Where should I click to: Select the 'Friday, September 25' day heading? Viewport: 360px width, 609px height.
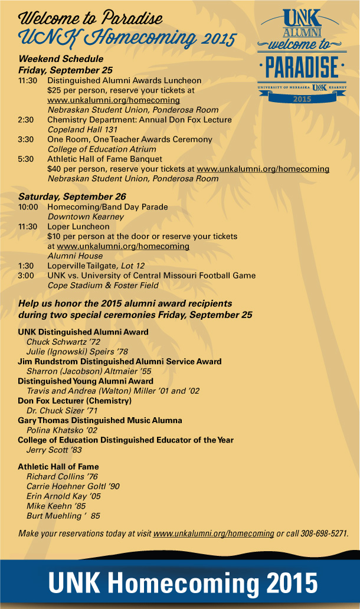[66, 70]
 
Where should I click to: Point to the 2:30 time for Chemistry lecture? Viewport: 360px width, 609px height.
[26, 119]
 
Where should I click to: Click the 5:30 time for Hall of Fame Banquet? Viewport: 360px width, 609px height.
[26, 159]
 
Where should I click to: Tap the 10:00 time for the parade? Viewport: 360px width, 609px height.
[28, 207]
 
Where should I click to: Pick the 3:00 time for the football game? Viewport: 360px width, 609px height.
[26, 275]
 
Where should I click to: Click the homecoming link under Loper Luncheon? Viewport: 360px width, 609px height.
[123, 245]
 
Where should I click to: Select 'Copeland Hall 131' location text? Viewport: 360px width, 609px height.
[81, 129]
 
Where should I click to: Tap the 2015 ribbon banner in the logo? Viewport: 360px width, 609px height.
[302, 99]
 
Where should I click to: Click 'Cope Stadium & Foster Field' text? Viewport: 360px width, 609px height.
[103, 286]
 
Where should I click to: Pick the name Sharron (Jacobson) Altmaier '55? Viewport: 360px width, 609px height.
[81, 371]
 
